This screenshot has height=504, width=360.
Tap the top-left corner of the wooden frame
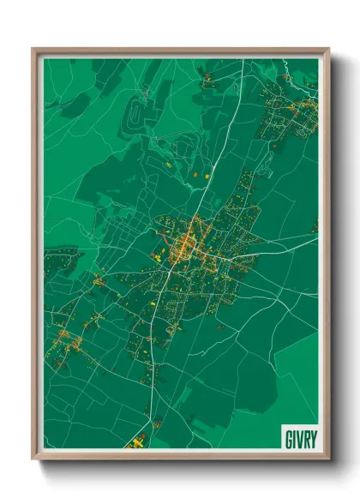(33, 50)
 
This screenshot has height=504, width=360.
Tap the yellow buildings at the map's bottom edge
(135, 443)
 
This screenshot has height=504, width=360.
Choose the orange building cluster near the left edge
(67, 340)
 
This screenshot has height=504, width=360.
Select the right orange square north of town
(207, 176)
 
